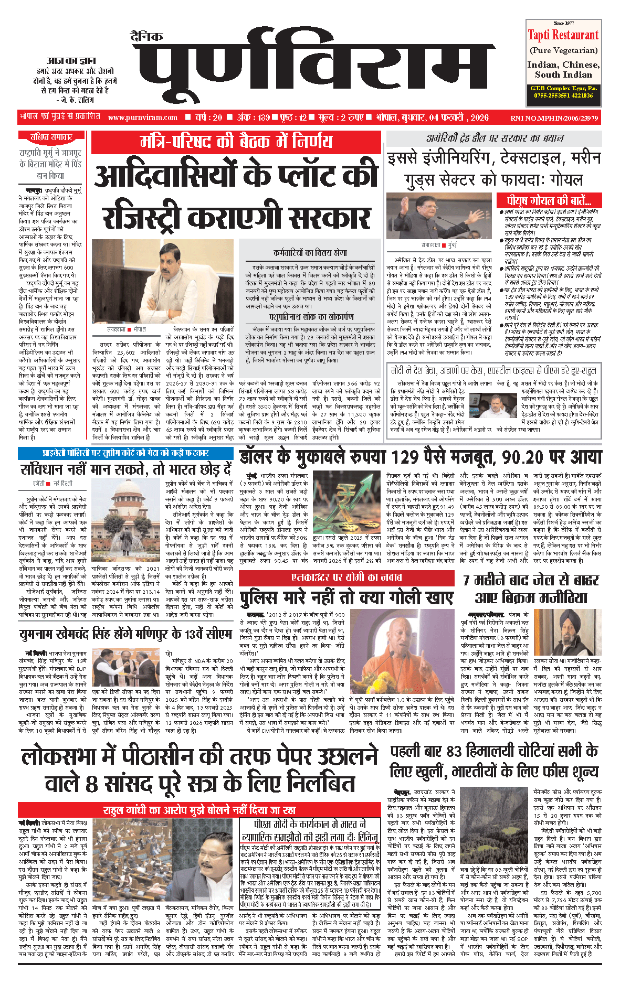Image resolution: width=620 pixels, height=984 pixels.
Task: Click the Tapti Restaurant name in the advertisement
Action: [563, 36]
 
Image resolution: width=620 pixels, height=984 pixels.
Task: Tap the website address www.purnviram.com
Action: [143, 117]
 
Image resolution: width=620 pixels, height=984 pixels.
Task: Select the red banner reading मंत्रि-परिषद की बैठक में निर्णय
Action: [236, 142]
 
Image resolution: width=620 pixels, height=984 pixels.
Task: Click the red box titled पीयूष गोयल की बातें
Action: [549, 201]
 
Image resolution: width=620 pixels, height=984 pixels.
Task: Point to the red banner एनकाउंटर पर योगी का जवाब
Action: [346, 578]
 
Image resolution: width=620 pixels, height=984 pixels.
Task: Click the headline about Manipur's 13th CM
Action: [126, 635]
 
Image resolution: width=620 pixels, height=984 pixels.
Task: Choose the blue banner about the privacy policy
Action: [125, 453]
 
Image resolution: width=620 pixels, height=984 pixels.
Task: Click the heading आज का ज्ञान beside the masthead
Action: [71, 61]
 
